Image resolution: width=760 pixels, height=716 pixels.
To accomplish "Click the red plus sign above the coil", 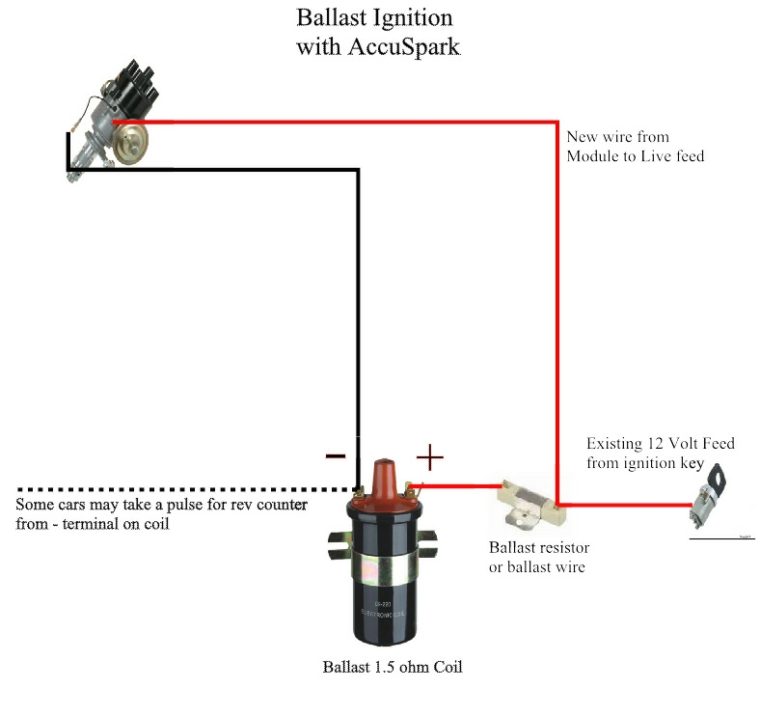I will point(429,454).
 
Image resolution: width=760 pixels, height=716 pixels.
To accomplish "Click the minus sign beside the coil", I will point(336,454).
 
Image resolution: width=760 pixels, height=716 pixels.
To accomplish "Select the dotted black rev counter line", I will point(174,487).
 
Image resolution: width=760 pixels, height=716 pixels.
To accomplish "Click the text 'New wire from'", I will point(617,137).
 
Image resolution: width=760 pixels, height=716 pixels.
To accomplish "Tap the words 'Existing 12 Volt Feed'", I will point(661,444).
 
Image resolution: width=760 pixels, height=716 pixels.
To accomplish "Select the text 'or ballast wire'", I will point(536,566).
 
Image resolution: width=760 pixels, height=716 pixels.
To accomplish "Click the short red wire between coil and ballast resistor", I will point(458,486).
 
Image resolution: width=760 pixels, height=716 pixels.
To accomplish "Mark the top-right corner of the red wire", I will point(557,123).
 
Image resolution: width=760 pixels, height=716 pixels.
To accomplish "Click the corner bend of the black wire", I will point(358,171).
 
